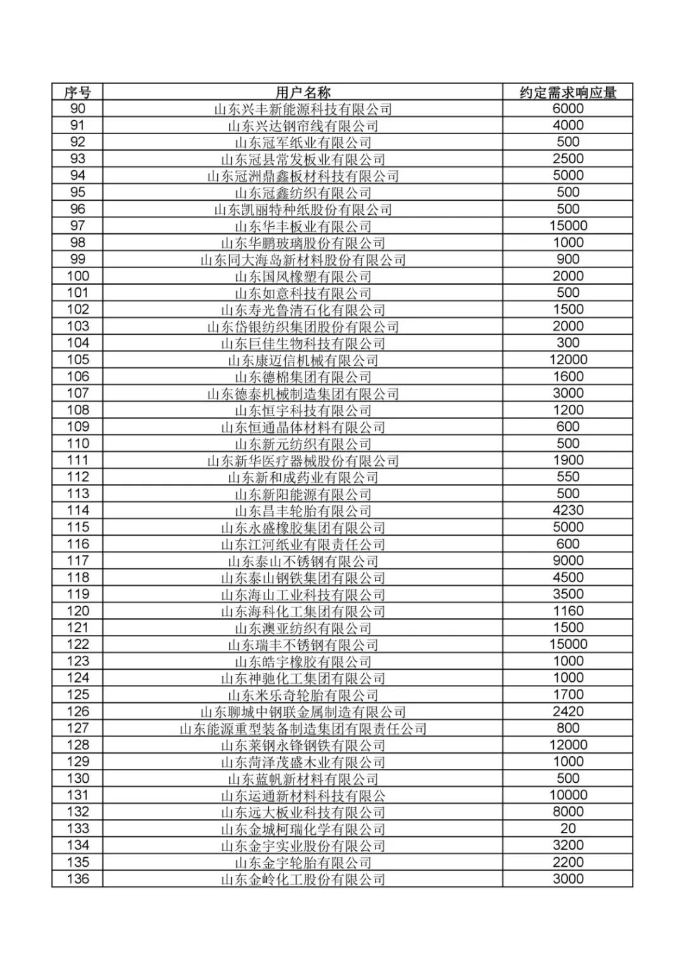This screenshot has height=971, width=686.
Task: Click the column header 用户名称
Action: tap(303, 92)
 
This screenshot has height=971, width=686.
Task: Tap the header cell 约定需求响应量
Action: tap(568, 92)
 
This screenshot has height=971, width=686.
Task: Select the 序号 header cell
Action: tap(77, 92)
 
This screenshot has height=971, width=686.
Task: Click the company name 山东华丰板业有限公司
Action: tap(303, 226)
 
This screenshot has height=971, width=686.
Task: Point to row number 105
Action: tap(77, 360)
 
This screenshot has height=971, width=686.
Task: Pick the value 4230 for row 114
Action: tap(568, 510)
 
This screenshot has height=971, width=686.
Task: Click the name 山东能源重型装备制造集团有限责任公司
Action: tap(303, 728)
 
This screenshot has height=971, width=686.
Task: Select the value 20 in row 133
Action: tap(568, 829)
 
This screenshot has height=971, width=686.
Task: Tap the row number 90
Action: tap(77, 109)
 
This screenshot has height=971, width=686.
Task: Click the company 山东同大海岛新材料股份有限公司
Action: tap(303, 259)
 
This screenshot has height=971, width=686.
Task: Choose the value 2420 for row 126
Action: tap(568, 712)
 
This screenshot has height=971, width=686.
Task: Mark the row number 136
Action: tap(77, 879)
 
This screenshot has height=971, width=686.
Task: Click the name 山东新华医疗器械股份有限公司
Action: tap(303, 461)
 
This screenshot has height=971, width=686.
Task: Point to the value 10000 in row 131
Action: tap(568, 795)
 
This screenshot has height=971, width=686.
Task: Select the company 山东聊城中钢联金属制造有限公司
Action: tap(303, 712)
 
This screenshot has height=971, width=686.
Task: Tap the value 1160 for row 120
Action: tap(568, 611)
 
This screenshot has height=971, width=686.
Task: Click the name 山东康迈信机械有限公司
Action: tap(303, 360)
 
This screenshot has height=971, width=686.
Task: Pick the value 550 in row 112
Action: tap(568, 477)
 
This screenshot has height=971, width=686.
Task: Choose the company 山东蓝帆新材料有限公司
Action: tap(303, 778)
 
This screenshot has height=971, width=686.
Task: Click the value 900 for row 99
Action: tap(568, 259)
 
